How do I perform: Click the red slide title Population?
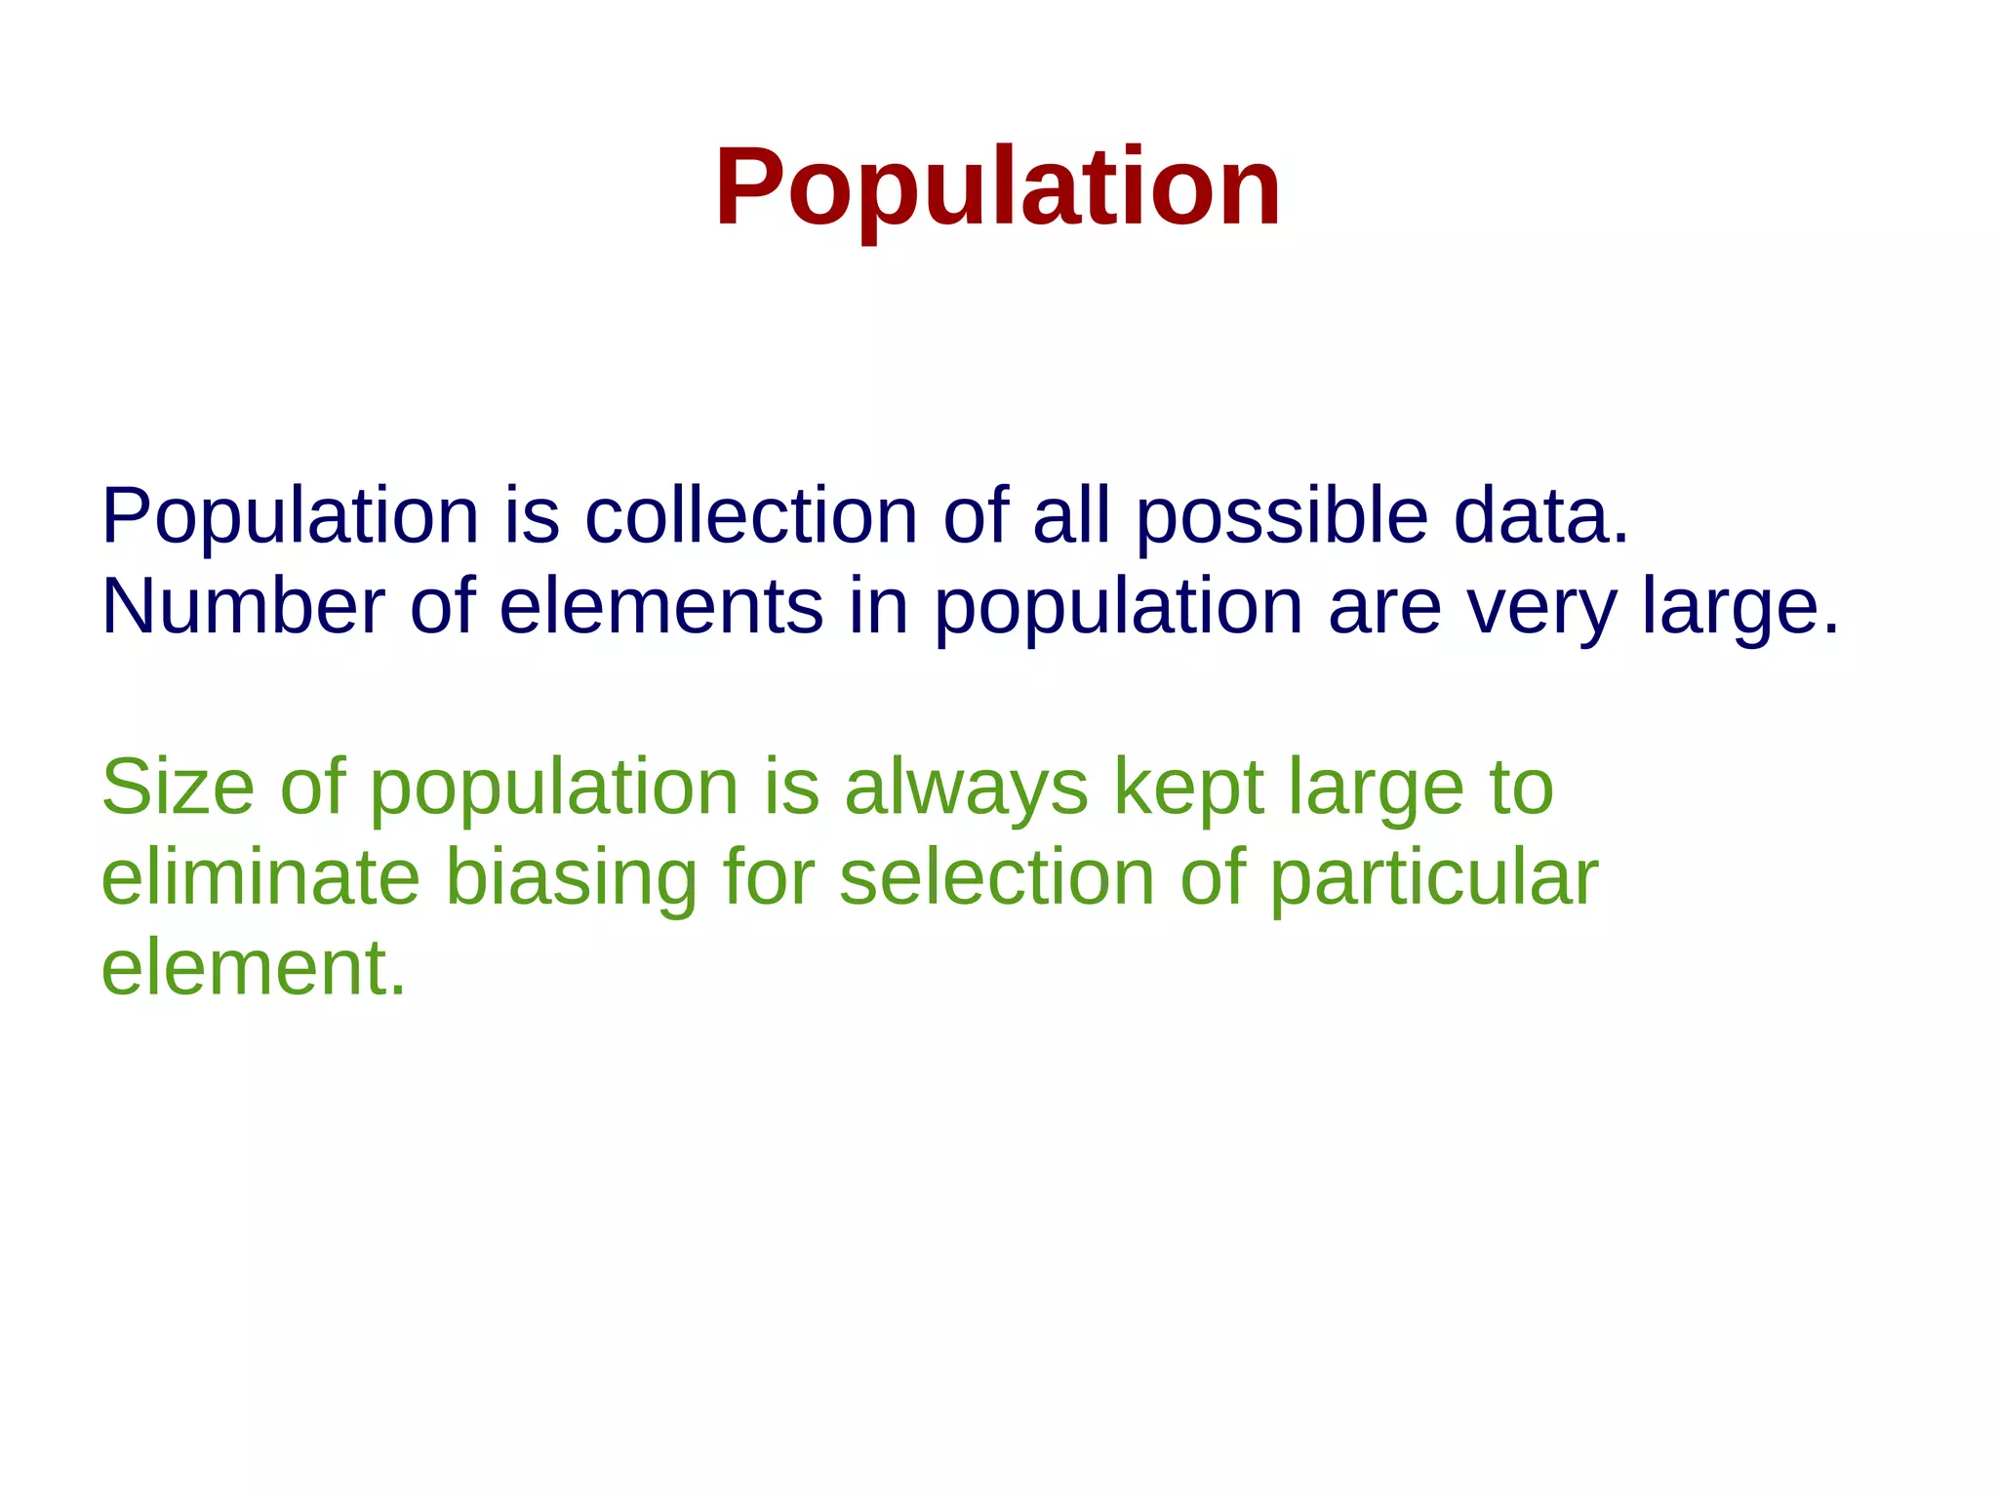point(997,187)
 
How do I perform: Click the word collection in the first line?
point(751,516)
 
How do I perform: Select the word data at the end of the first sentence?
point(1539,516)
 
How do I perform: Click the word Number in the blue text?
point(243,607)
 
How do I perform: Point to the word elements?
point(660,607)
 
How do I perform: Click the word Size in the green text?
point(177,787)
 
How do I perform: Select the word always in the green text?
point(965,789)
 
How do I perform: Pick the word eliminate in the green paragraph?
point(260,877)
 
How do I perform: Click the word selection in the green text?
point(997,877)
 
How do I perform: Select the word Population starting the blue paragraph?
point(290,516)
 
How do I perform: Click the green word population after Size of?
point(554,789)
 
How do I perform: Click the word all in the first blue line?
point(1071,516)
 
